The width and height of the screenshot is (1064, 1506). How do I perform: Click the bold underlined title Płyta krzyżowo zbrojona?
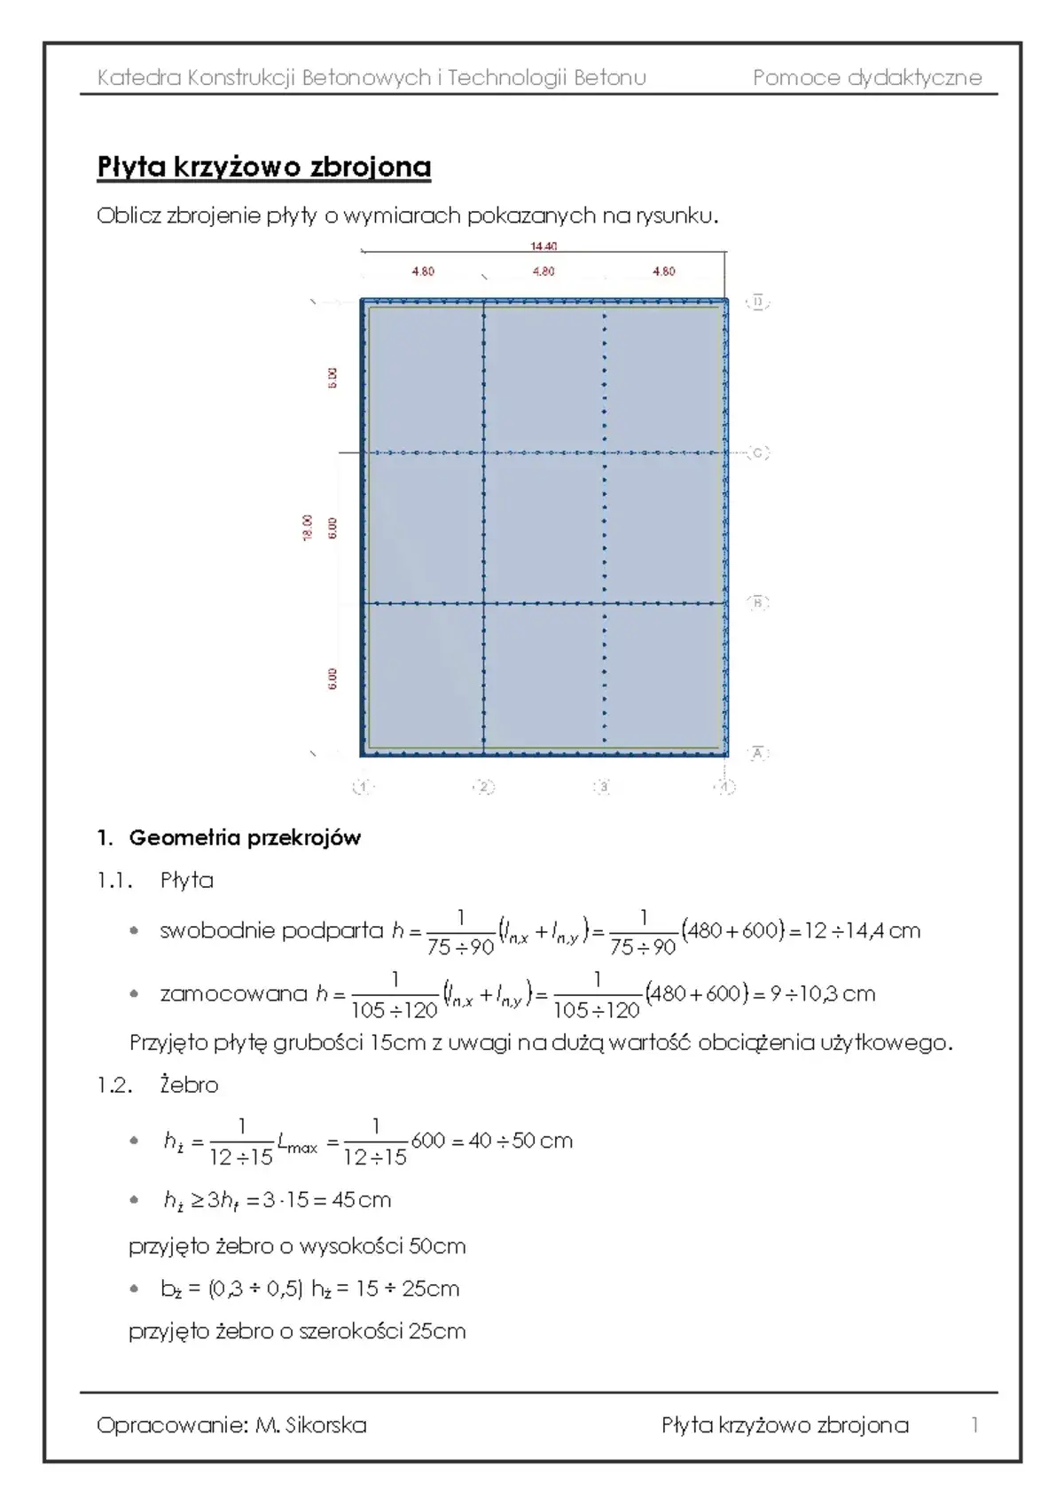click(263, 167)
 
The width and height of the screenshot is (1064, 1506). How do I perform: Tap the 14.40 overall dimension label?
click(544, 247)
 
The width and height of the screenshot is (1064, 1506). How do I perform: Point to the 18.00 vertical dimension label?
click(308, 527)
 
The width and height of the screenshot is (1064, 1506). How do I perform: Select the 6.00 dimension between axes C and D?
click(332, 377)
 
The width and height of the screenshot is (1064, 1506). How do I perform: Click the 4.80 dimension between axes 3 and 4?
click(663, 271)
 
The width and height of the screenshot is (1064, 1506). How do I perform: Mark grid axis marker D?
click(758, 302)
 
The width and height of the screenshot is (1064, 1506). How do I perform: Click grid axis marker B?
click(758, 603)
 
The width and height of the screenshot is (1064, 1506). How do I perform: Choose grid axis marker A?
click(758, 753)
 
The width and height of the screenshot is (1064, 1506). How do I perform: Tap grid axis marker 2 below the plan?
click(483, 787)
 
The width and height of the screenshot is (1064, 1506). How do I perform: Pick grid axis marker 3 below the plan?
click(603, 787)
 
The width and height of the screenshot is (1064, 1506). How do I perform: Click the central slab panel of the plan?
click(544, 528)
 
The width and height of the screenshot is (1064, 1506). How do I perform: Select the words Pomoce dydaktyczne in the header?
click(867, 78)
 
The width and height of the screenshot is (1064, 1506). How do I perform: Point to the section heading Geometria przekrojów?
click(245, 838)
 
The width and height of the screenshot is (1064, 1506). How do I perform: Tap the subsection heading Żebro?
click(189, 1085)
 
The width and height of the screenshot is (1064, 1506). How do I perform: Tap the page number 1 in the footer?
click(974, 1425)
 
